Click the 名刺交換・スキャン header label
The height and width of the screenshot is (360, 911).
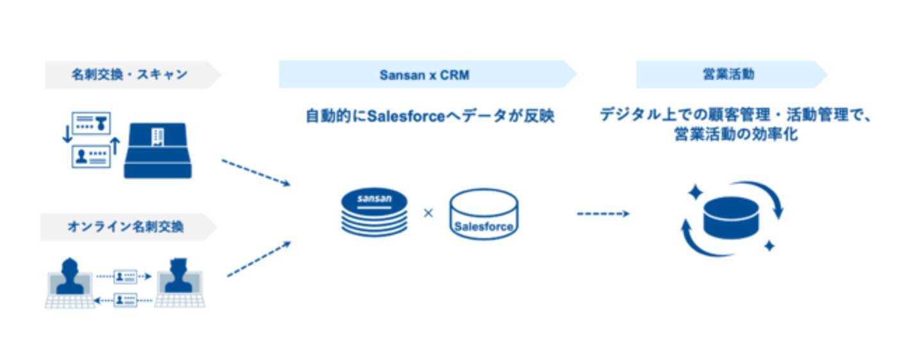pos(129,74)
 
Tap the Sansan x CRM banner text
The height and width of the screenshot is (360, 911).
pos(424,75)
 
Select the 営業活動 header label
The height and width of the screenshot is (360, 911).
pos(728,74)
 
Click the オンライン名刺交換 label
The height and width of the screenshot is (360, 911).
pos(126,227)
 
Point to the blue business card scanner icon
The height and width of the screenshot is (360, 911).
pos(158,151)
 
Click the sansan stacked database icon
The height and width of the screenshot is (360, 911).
pos(374,212)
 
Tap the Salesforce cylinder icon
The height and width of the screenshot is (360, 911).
pos(484,214)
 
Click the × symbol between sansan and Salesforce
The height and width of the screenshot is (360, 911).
pos(428,213)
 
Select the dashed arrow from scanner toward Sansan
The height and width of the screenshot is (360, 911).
pos(256,172)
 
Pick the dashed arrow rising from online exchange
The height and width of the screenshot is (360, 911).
pos(259,259)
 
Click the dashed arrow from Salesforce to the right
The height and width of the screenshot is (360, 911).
pos(603,213)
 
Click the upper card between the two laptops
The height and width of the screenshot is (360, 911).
pos(125,277)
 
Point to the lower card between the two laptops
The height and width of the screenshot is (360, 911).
pos(125,300)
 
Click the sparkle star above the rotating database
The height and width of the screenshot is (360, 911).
pos(696,192)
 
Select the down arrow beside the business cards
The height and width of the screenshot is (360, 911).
pos(67,135)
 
